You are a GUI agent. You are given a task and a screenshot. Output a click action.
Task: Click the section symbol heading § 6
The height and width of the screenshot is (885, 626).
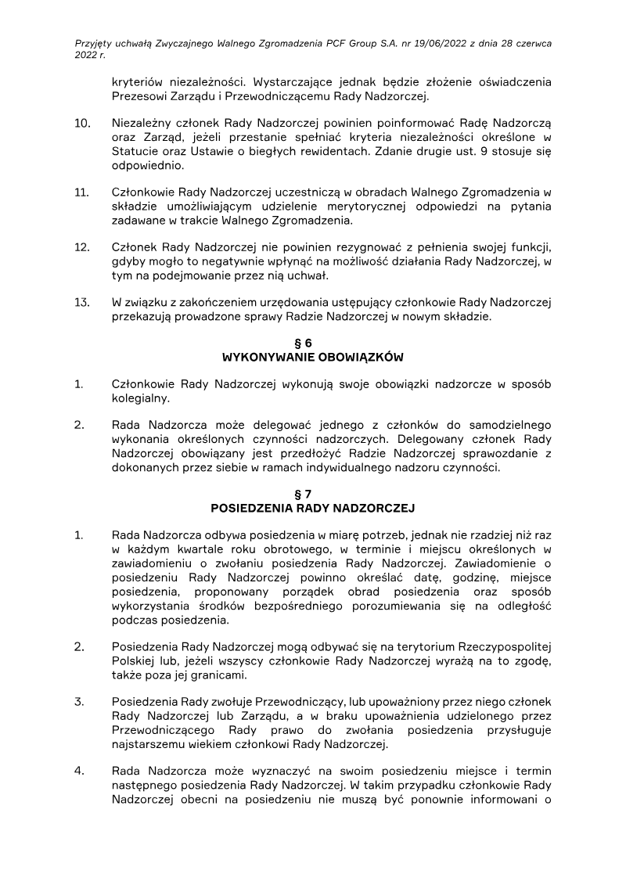(312, 343)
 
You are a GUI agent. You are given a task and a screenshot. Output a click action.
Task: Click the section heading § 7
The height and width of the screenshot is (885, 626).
(312, 494)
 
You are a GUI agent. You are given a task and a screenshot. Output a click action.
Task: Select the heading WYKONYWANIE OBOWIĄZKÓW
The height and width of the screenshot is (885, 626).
(312, 357)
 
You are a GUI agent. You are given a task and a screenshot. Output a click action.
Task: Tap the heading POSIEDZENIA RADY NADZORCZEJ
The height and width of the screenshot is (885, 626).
(312, 508)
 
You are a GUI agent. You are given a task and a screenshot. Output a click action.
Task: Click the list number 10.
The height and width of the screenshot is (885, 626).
(81, 124)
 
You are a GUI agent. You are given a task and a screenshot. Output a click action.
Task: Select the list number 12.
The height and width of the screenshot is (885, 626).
(81, 247)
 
